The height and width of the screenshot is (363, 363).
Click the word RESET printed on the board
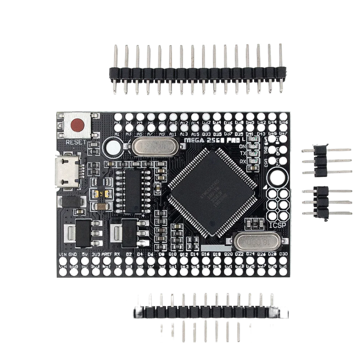click(x=76, y=142)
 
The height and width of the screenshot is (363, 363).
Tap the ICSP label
click(x=278, y=225)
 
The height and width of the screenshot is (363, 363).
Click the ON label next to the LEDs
click(x=243, y=146)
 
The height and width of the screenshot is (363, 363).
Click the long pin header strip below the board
click(x=211, y=311)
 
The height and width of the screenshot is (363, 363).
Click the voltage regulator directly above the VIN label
click(x=82, y=232)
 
